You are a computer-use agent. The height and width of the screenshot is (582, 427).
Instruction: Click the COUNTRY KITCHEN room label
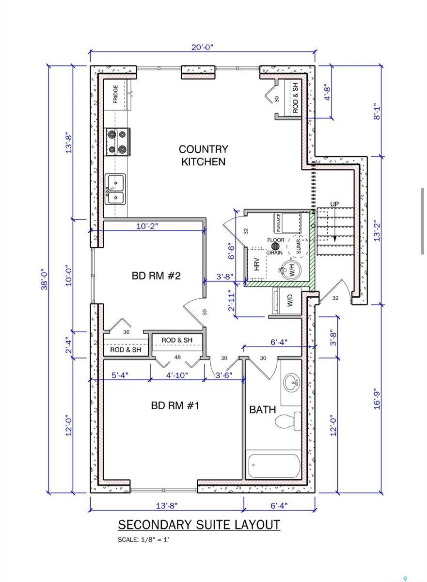click(203, 155)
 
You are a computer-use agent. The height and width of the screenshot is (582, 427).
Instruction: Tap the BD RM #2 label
click(156, 276)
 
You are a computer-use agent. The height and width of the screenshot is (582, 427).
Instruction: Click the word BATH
click(262, 410)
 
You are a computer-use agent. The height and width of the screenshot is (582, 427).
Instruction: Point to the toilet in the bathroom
click(289, 420)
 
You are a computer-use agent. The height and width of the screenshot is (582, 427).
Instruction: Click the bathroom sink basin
click(292, 383)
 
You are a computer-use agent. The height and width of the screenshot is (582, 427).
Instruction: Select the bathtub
click(274, 465)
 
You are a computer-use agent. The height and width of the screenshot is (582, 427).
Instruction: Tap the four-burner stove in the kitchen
click(117, 142)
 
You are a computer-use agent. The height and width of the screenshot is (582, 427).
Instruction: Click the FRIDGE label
click(116, 95)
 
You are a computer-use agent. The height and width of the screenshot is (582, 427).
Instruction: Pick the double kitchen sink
click(115, 190)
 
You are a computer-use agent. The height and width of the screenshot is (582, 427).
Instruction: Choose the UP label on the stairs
click(334, 204)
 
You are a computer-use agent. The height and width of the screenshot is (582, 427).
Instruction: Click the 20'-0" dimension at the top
click(202, 47)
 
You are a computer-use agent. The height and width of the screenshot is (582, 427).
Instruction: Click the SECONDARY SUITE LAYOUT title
click(199, 525)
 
